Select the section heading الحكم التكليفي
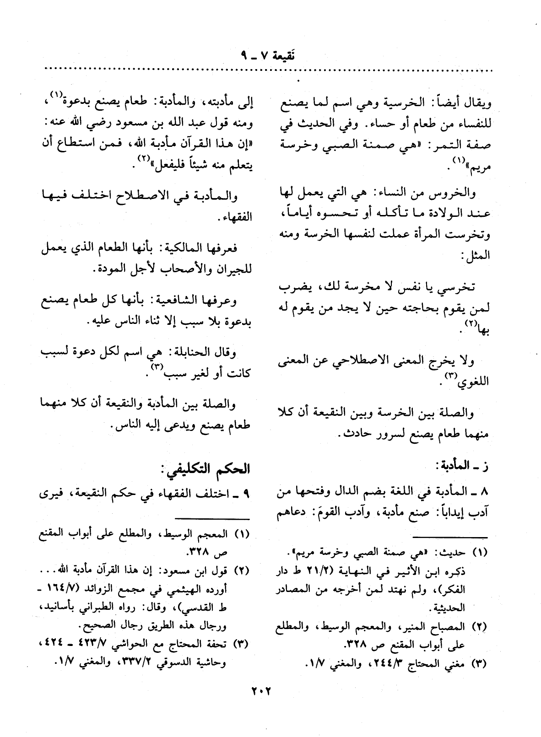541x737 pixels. pos(206,470)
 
